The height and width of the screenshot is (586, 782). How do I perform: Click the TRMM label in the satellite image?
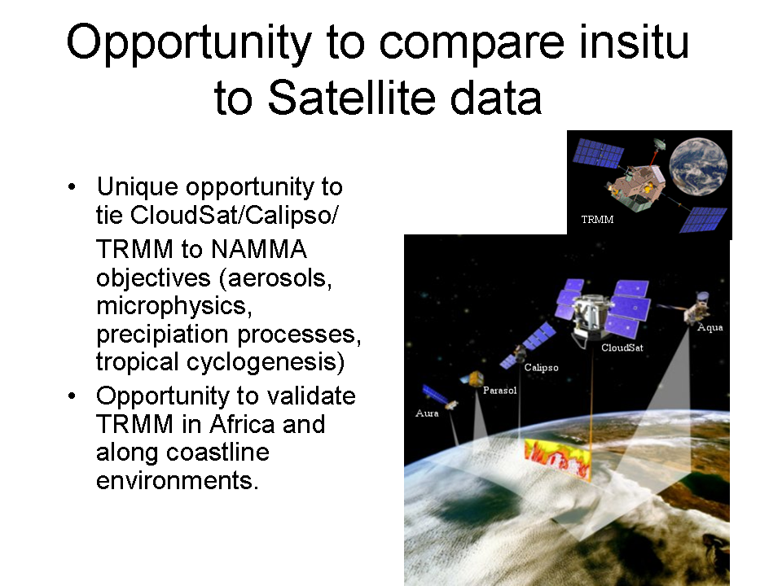coord(597,220)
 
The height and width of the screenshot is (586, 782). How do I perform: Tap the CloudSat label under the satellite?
coord(622,348)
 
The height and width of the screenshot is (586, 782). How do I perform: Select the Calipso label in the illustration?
coord(541,368)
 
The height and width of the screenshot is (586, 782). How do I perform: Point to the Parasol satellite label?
coord(499,390)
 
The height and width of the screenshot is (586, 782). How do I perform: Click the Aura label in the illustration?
coord(427,413)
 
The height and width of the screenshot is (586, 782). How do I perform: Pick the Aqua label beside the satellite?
coord(710,327)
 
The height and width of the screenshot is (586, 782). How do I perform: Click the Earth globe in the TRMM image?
coord(698,166)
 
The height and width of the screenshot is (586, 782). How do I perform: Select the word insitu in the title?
coord(634,42)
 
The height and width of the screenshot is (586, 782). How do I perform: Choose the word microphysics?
coord(174,306)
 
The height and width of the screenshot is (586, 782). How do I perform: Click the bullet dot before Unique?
coord(72,187)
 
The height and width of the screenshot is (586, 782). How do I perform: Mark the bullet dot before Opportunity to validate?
coord(72,396)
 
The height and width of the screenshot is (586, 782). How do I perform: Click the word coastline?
coord(217,453)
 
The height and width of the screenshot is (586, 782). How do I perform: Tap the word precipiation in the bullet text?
coord(162,335)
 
